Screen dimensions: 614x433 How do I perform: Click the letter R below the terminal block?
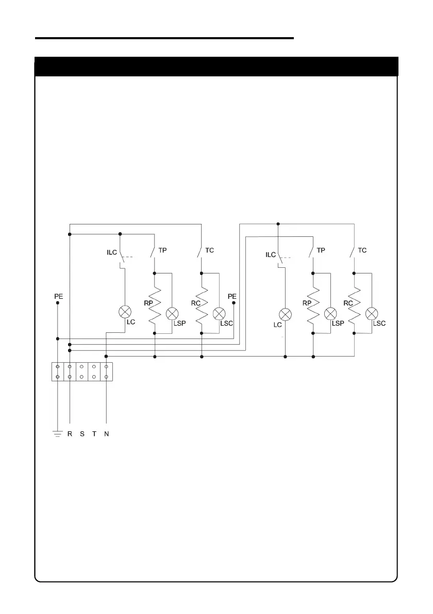coord(70,434)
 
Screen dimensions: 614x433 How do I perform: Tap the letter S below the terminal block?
coord(82,434)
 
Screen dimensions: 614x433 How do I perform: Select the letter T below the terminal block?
coord(94,434)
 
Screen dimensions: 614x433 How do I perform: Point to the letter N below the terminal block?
coord(106,434)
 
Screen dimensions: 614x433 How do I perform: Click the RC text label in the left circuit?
coord(195,303)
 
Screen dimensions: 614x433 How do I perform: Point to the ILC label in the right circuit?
coord(271,255)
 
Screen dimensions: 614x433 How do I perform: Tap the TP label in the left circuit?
coord(162,250)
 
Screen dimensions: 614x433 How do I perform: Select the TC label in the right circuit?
coord(362,250)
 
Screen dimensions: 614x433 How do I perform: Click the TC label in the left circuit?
coord(209,250)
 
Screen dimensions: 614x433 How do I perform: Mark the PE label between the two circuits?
coord(232,297)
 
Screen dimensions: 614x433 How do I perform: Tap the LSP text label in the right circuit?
coord(338,323)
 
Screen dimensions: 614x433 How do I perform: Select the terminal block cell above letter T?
coord(94,371)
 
